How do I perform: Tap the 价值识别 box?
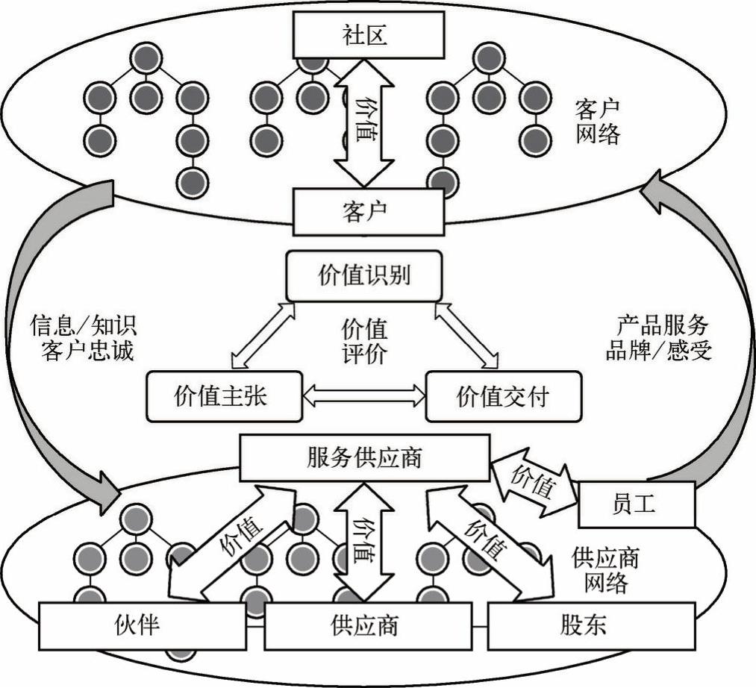[x=364, y=276]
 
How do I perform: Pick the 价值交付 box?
[x=502, y=396]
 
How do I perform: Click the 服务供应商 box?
[x=364, y=457]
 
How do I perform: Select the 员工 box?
[x=637, y=504]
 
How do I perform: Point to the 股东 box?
[x=591, y=625]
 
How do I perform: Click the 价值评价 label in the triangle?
[x=364, y=341]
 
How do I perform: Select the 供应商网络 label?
[x=605, y=570]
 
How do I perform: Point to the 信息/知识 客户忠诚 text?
[x=84, y=338]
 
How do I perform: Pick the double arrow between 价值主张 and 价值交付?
[x=363, y=396]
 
